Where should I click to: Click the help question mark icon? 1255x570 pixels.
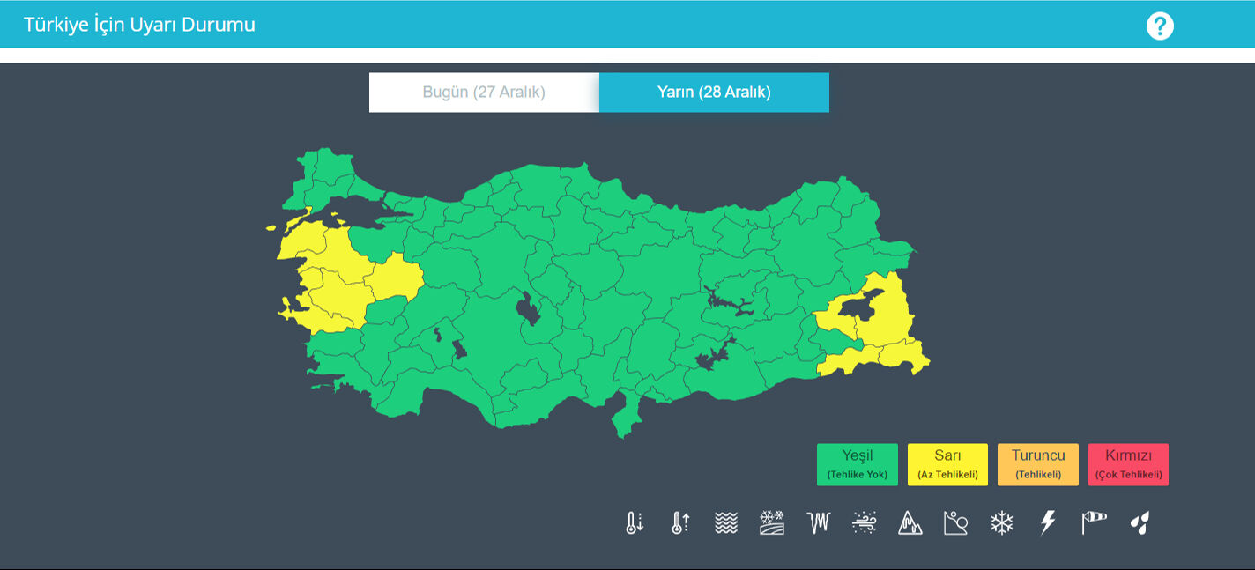coord(1160,26)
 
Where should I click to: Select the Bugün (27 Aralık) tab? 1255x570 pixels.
coord(484,93)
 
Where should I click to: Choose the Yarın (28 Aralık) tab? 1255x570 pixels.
coord(714,93)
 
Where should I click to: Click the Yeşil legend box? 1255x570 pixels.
coord(857,464)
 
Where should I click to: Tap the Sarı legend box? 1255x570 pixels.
coord(947,464)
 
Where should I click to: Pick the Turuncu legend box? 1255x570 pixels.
coord(1037,464)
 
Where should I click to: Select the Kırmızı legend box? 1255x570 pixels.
coord(1128,464)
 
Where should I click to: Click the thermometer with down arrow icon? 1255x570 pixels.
coord(635,523)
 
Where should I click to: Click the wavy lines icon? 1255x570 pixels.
coord(726,523)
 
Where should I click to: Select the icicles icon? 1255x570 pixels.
coord(819,523)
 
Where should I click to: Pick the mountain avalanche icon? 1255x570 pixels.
coord(910,523)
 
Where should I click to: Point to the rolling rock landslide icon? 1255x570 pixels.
coord(956,523)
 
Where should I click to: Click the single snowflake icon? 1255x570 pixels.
coord(1002,523)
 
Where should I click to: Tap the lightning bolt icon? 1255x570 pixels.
coord(1048,523)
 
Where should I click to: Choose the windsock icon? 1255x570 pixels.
coord(1094,523)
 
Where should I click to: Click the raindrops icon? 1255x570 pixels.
coord(1140,523)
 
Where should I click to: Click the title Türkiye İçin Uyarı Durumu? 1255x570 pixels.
coord(139,25)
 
